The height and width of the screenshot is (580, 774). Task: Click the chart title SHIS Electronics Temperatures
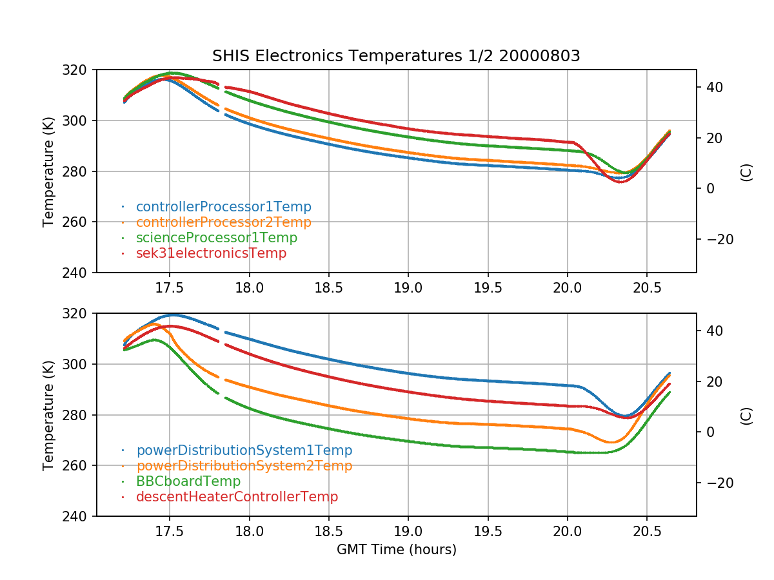pyautogui.click(x=396, y=56)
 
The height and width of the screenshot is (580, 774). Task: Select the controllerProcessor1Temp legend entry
pyautogui.click(x=223, y=207)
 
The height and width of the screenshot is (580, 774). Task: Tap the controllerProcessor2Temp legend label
pyautogui.click(x=223, y=222)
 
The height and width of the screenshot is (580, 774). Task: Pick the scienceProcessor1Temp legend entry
pyautogui.click(x=216, y=238)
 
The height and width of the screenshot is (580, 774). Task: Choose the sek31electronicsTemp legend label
pyautogui.click(x=211, y=253)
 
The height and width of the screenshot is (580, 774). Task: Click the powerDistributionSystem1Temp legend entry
pyautogui.click(x=244, y=450)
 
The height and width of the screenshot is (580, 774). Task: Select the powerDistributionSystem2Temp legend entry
pyautogui.click(x=244, y=466)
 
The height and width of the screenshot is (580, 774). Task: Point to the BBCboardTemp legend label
pyautogui.click(x=188, y=481)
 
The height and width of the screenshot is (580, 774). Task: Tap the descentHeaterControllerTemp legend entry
pyautogui.click(x=237, y=497)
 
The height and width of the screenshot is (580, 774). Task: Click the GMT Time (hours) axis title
pyautogui.click(x=396, y=550)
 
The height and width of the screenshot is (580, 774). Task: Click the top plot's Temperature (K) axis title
pyautogui.click(x=48, y=171)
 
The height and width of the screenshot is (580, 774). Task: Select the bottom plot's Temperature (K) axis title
pyautogui.click(x=48, y=414)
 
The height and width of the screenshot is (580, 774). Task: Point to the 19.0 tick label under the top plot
pyautogui.click(x=408, y=287)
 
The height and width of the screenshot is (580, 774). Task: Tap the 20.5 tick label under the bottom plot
pyautogui.click(x=647, y=531)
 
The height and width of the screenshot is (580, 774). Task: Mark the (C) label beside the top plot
pyautogui.click(x=746, y=171)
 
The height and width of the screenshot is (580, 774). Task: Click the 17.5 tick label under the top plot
pyautogui.click(x=170, y=287)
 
